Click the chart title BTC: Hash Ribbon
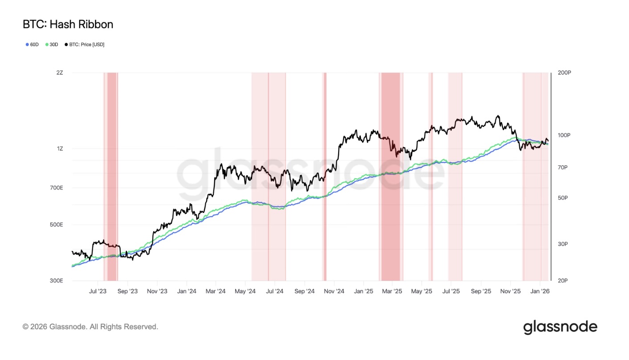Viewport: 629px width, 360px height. pyautogui.click(x=68, y=25)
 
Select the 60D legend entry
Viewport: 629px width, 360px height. pyautogui.click(x=32, y=45)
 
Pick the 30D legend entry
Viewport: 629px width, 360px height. pyautogui.click(x=52, y=45)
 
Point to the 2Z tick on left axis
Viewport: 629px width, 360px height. pyautogui.click(x=60, y=72)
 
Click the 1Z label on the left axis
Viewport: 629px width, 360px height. pyautogui.click(x=60, y=148)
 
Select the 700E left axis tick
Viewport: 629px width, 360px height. pyautogui.click(x=57, y=188)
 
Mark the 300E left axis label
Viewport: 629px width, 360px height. pyautogui.click(x=57, y=281)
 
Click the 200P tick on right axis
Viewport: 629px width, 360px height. pyautogui.click(x=564, y=72)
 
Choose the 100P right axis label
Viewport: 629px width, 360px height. pyautogui.click(x=564, y=135)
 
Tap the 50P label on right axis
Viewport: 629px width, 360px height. pyautogui.click(x=563, y=198)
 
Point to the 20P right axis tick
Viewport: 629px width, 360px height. pyautogui.click(x=563, y=281)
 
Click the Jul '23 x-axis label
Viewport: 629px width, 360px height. pyautogui.click(x=98, y=291)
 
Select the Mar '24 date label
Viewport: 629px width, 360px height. pyautogui.click(x=216, y=291)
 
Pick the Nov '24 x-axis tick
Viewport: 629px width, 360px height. pyautogui.click(x=334, y=291)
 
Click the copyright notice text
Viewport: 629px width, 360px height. pyautogui.click(x=90, y=327)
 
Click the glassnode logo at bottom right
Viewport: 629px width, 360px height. pyautogui.click(x=560, y=327)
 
